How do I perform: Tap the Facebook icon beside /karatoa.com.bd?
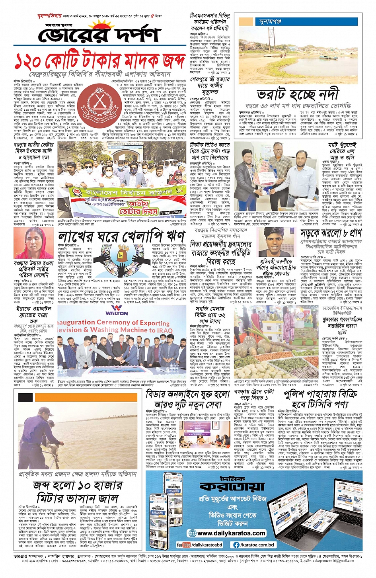[236, 545]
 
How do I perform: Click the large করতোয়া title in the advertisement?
[232, 486]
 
